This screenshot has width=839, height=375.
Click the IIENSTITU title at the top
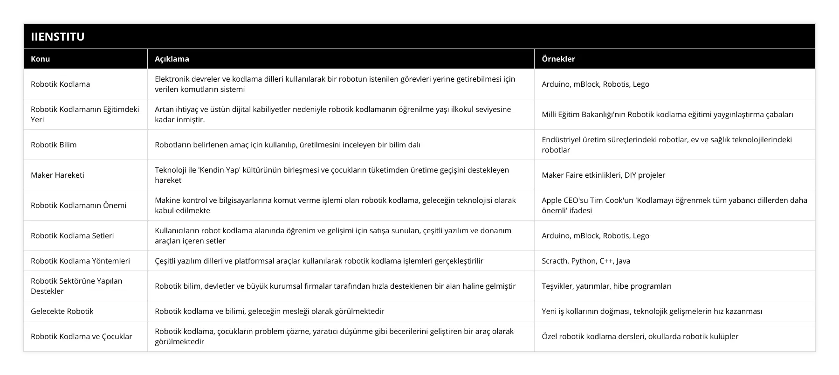point(58,36)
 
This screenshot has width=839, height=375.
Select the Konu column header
point(41,59)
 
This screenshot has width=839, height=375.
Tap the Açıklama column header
point(172,59)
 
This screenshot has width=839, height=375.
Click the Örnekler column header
point(558,59)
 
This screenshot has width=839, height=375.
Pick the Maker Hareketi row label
point(57,175)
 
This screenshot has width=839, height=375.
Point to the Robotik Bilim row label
point(54,145)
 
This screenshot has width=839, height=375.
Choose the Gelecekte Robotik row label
point(62,311)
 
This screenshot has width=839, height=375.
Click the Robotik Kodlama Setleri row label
point(72,236)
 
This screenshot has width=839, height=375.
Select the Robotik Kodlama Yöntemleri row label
point(80,261)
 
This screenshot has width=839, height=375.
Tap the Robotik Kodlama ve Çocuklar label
point(82,336)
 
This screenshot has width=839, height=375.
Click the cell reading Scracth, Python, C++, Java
point(586,261)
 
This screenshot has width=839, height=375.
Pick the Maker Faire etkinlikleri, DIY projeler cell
point(603,175)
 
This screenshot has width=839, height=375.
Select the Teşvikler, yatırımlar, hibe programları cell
point(606,286)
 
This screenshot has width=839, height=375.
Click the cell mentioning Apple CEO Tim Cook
point(674,205)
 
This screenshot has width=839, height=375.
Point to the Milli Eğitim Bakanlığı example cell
point(667,114)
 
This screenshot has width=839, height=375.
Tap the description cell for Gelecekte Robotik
point(269,311)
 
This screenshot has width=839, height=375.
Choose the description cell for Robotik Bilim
point(288,145)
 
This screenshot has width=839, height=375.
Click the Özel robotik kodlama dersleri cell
point(640,336)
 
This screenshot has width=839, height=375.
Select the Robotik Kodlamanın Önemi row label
point(78,205)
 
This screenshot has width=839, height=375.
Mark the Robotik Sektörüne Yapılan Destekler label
point(76,286)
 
